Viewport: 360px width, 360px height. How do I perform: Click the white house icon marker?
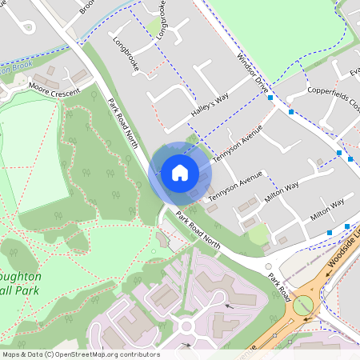[x=179, y=173]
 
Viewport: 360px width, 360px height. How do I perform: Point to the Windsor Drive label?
[x=251, y=73]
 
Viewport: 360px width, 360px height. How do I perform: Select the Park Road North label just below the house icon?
[x=198, y=228]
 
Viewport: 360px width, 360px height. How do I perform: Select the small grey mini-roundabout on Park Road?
[x=269, y=266]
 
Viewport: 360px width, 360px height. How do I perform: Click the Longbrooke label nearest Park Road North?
[x=126, y=54]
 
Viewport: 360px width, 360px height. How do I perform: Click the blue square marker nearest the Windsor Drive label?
[x=270, y=98]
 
